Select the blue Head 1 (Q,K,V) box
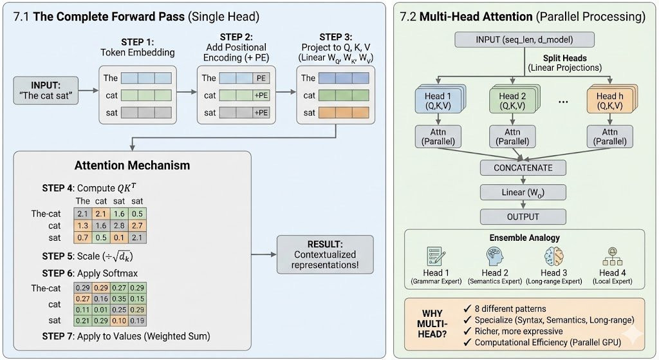click(439, 101)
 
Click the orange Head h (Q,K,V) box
click(609, 101)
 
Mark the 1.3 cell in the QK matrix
click(83, 226)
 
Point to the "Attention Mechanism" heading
click(132, 166)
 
